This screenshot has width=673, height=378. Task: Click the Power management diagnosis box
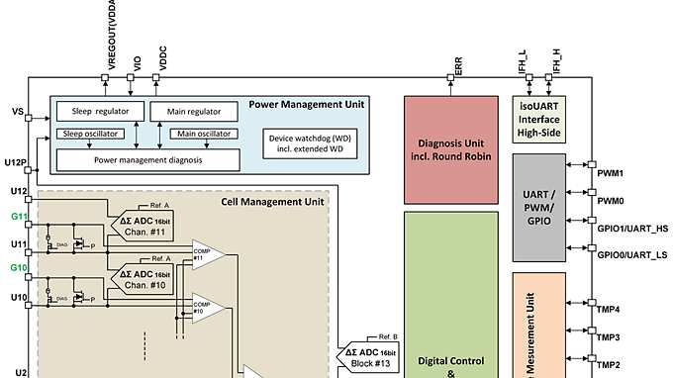click(x=148, y=158)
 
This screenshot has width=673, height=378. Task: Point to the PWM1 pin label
click(x=610, y=173)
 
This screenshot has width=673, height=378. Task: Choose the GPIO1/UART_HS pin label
click(x=632, y=229)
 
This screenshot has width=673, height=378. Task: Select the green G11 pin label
click(x=18, y=216)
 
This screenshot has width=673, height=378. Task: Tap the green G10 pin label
click(x=18, y=268)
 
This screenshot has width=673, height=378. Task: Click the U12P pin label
click(x=15, y=161)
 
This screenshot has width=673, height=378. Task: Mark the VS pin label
click(x=17, y=112)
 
